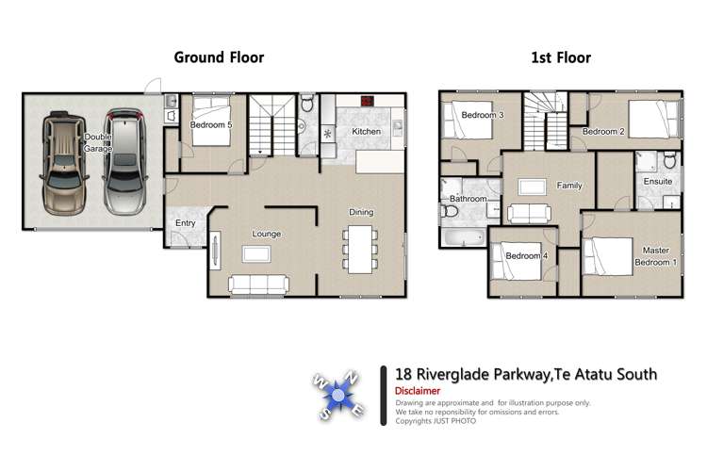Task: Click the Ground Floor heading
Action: point(219,57)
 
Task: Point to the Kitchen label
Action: point(366,131)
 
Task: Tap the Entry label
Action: point(185,223)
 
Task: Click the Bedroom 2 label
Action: point(603,132)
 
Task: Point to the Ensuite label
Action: point(657,180)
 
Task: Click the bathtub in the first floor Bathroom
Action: point(462,236)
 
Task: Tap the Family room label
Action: point(568,186)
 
